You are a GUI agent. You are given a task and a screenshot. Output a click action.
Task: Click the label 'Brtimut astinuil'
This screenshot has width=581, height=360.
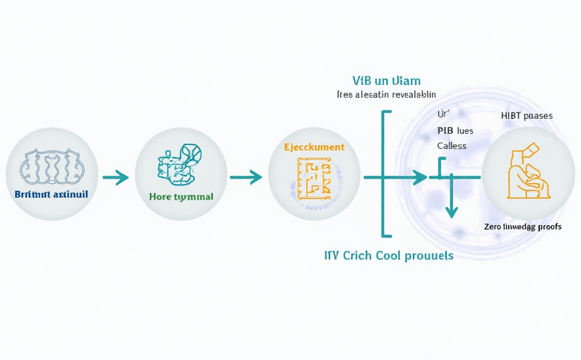coord(51,194)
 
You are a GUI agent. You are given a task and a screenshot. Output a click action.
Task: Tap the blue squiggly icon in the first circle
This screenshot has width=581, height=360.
coord(52,166)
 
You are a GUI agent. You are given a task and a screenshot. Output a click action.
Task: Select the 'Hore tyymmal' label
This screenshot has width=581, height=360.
coord(181,196)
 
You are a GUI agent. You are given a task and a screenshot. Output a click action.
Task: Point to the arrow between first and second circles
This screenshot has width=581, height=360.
coord(115,178)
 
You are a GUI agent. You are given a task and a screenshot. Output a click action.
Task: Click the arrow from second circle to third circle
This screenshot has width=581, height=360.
coord(246,178)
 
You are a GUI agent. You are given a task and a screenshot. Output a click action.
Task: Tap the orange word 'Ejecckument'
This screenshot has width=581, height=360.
coord(314,147)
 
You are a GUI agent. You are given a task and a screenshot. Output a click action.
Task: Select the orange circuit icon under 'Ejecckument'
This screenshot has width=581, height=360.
coord(314,181)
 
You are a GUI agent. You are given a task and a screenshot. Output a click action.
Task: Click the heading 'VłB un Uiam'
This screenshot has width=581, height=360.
coord(386,81)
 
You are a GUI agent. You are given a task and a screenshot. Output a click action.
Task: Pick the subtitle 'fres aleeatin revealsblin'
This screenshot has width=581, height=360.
coord(386,95)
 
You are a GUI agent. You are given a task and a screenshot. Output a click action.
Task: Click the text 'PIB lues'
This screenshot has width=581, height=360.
coord(455,131)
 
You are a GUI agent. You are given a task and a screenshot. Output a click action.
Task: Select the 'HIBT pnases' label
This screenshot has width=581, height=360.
coord(527,116)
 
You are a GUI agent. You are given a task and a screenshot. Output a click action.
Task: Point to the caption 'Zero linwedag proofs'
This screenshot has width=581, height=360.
coord(522,226)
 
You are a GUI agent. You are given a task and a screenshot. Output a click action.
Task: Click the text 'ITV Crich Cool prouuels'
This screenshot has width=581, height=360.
coord(389,256)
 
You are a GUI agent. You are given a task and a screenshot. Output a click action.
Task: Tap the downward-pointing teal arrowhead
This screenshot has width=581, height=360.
coord(451,212)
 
